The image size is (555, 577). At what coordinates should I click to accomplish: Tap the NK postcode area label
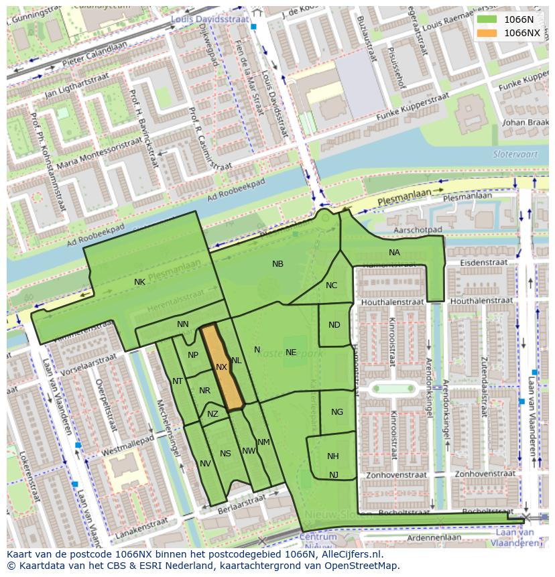[139, 282]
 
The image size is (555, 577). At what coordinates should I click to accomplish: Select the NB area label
[277, 264]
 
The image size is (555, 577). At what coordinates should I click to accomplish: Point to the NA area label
[394, 253]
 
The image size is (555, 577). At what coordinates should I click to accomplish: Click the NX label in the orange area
[222, 367]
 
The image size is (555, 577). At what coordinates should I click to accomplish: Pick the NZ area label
[212, 414]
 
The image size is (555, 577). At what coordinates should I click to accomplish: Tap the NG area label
[337, 412]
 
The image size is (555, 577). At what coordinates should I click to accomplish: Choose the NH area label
[333, 456]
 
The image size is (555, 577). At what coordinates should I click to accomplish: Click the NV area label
[205, 464]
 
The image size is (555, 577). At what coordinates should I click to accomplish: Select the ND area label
[334, 325]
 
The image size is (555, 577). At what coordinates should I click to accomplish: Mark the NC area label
[331, 285]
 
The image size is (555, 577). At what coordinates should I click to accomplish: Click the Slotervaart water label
[511, 153]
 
